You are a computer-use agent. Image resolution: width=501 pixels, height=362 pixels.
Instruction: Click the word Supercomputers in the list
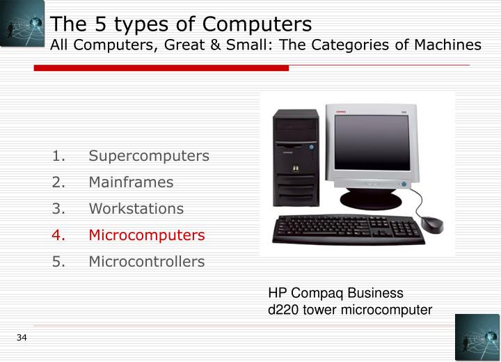149,156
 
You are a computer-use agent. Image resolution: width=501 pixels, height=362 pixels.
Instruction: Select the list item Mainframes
131,182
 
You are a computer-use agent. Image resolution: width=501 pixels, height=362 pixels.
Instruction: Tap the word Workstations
136,209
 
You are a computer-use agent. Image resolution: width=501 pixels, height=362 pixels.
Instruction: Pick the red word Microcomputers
147,235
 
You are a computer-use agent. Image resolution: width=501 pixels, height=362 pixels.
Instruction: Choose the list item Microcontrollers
147,262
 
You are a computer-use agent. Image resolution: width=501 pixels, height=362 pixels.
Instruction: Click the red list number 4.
58,235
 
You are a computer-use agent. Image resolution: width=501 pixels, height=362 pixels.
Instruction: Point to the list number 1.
58,156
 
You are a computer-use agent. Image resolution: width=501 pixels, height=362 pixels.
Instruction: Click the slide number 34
22,338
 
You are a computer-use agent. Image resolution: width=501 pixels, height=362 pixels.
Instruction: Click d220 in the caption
284,310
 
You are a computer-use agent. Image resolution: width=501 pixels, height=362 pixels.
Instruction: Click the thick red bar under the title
161,68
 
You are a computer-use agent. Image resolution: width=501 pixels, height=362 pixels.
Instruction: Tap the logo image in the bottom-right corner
477,337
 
